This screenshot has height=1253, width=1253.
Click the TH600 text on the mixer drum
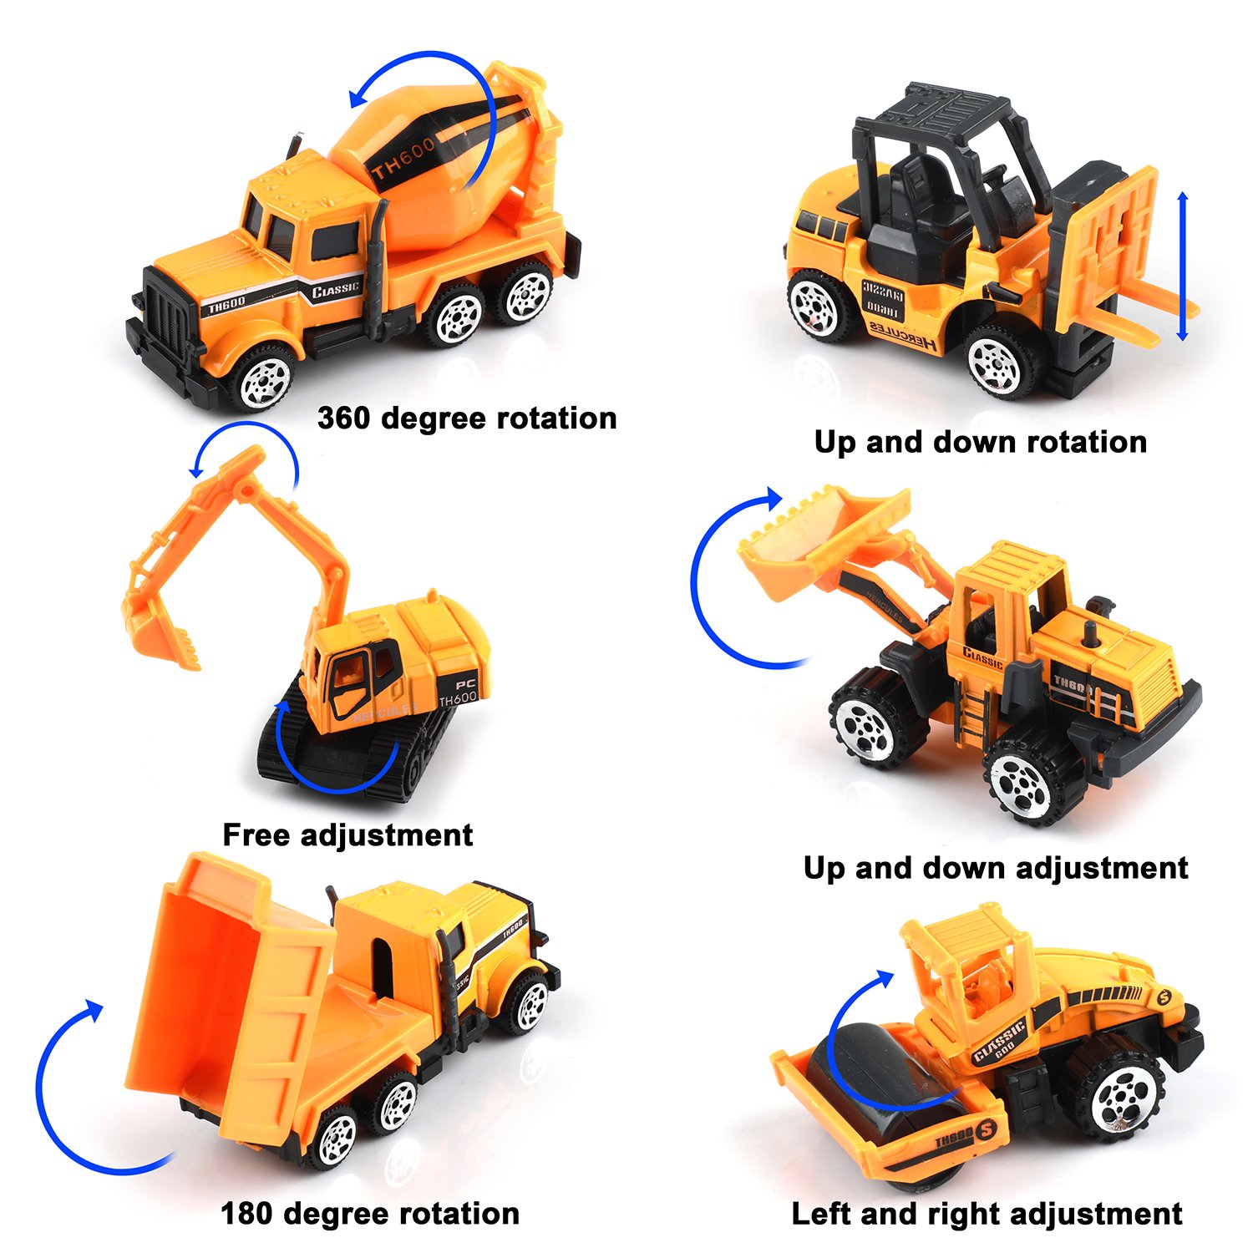coord(403,159)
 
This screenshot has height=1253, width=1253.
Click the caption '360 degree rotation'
coord(467,418)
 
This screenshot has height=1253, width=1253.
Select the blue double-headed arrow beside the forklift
coord(1182,266)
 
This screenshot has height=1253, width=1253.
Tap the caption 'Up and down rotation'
coord(981,442)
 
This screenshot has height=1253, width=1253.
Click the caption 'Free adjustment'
coord(347,834)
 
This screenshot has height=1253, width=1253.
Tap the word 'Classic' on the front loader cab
coord(982,658)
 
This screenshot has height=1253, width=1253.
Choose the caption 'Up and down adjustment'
coord(995,868)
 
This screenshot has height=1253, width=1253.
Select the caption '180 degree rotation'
coord(370,1214)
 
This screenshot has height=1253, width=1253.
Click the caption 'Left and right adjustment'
coord(987,1214)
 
